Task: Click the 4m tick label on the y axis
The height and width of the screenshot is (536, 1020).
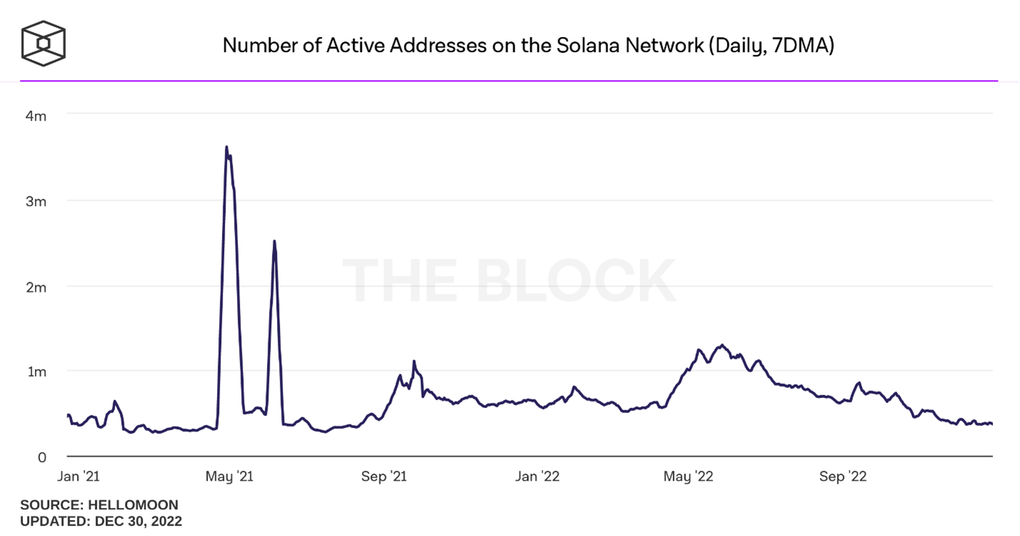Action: click(36, 116)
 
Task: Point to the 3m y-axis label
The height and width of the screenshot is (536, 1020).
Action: click(36, 202)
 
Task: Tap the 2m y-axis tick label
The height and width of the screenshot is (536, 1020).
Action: click(36, 287)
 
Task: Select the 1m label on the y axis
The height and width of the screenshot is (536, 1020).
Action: click(36, 372)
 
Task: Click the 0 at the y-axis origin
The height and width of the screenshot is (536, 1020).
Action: click(42, 457)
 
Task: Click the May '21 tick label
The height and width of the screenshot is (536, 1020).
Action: click(230, 477)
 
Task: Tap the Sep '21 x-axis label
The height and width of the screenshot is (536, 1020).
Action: click(384, 477)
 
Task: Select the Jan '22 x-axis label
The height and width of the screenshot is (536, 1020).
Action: click(537, 477)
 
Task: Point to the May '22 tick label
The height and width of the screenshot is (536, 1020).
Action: click(688, 477)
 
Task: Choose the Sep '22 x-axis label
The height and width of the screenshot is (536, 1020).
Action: click(843, 477)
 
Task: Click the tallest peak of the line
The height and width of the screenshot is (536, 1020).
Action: click(226, 147)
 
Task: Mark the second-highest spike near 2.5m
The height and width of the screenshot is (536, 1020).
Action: click(275, 242)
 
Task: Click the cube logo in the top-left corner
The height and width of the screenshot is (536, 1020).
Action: click(43, 44)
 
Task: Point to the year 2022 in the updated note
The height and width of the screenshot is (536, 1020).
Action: click(166, 521)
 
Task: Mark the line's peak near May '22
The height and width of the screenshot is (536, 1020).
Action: click(723, 345)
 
